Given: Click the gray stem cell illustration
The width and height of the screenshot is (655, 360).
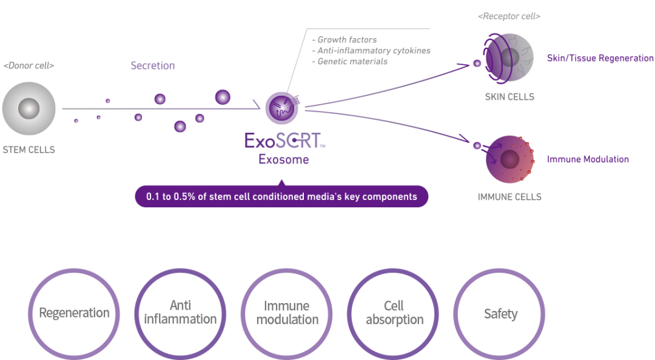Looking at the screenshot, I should (29, 109).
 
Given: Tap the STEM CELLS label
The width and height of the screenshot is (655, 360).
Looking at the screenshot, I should (29, 149).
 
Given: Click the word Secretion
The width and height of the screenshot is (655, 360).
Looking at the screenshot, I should (153, 65).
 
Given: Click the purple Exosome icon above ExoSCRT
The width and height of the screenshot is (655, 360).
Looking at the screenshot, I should (281, 107).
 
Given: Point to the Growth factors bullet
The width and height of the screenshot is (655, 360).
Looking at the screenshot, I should (348, 40).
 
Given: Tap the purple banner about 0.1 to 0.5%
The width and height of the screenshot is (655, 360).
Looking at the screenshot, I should (281, 196).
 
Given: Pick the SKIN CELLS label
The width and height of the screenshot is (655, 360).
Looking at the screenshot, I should (509, 96).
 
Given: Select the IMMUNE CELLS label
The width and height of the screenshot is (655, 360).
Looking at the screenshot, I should (509, 197).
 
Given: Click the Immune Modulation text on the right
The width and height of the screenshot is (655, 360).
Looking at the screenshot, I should (588, 159).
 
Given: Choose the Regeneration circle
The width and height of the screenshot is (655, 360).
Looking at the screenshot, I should (74, 314).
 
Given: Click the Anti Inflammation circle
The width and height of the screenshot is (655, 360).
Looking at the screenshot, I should (180, 314).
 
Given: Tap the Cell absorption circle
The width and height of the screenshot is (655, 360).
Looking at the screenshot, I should (394, 314).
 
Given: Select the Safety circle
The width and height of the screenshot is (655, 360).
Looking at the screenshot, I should (500, 314).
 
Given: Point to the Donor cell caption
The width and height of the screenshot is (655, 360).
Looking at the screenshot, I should (29, 65).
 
